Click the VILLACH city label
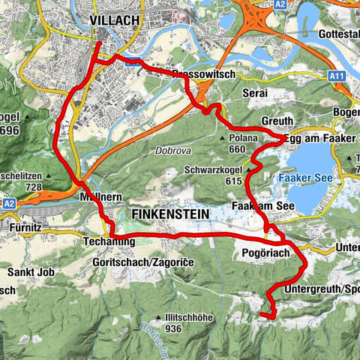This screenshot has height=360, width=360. tap(115, 20)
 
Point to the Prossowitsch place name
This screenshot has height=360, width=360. tap(203, 75)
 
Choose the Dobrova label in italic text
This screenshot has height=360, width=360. tap(171, 149)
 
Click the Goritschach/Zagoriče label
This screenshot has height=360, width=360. tap(130, 255)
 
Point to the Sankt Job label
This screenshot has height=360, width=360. tap(23, 271)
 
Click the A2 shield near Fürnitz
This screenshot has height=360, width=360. tap(9, 202)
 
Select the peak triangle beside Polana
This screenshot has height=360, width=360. tap(223, 138)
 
